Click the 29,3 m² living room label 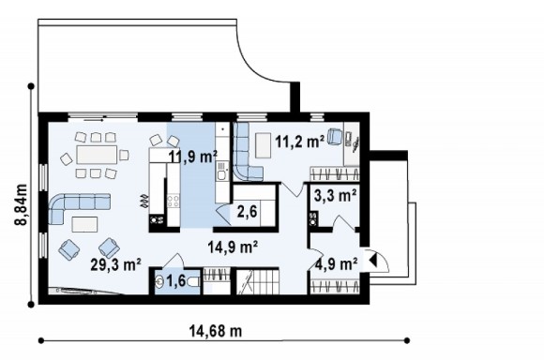pos(115,264)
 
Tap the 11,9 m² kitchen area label pos(193,157)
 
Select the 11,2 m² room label pos(300,142)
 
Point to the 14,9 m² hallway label pos(233,247)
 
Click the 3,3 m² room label pos(335,195)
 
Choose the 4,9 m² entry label pos(337,264)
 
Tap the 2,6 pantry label pos(248,211)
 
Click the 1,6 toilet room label pos(176,281)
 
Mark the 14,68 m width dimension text pos(216,331)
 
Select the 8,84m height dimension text pos(22,204)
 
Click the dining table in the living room pos(97,155)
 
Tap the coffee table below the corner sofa pos(84,224)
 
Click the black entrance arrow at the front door pos(372,260)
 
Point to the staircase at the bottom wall pos(258,282)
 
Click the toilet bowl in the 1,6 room pos(193,282)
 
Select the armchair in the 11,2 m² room pos(335,136)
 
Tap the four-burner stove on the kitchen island pos(174,202)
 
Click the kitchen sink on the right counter pos(221,172)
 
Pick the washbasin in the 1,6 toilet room pos(159,281)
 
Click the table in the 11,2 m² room pos(263,145)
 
